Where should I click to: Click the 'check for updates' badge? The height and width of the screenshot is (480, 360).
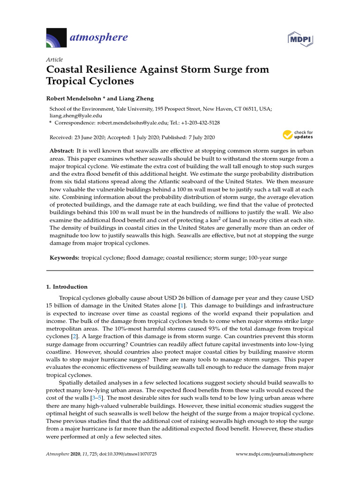[298, 135]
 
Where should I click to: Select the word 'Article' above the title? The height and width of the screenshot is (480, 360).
[55, 60]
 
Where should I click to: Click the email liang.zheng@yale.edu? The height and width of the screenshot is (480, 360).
[76, 115]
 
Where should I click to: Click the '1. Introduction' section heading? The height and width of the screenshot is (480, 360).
[67, 286]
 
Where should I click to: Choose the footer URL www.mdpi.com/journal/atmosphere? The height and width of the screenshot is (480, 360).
[274, 454]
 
